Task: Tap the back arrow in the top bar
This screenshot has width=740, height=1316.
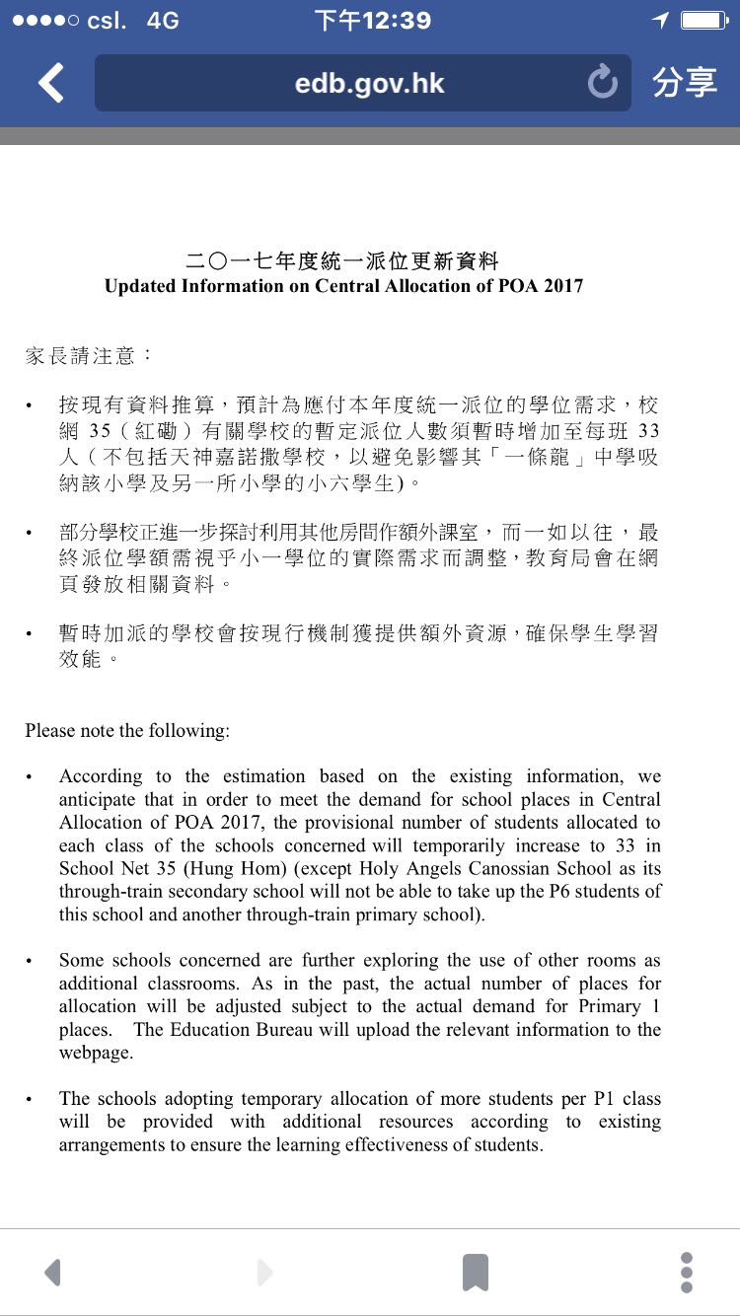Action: click(x=51, y=83)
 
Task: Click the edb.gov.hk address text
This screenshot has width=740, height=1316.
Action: click(x=369, y=83)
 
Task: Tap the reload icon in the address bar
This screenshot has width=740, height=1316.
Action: click(x=602, y=83)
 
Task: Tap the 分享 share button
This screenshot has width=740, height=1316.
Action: click(x=684, y=83)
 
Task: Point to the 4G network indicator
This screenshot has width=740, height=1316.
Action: click(x=163, y=21)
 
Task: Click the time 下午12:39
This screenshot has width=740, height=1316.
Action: click(x=372, y=21)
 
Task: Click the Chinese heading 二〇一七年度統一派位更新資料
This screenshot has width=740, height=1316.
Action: click(x=343, y=261)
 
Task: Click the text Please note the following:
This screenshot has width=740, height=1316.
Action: click(x=127, y=731)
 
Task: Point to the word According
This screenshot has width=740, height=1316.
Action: click(x=101, y=776)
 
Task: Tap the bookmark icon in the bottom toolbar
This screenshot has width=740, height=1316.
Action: click(x=476, y=1273)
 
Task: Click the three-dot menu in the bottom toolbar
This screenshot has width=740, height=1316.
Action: click(x=687, y=1273)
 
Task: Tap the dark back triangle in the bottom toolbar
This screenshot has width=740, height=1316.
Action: click(x=53, y=1273)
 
